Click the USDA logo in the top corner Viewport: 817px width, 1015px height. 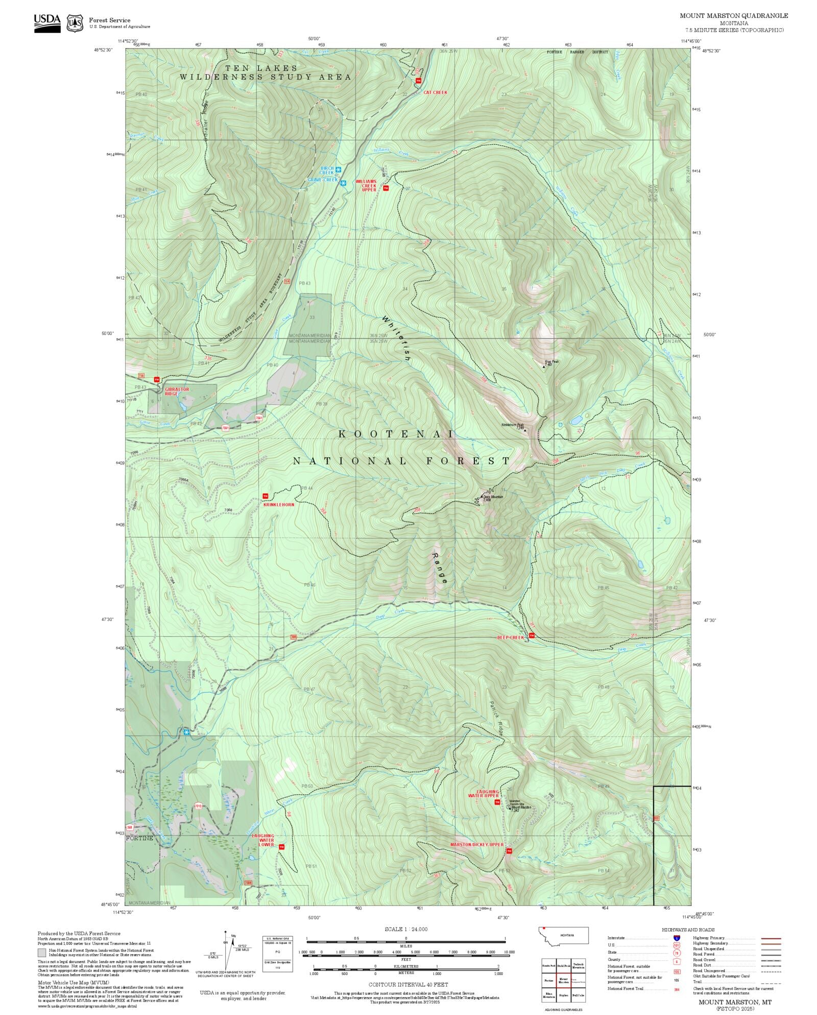[x=47, y=22]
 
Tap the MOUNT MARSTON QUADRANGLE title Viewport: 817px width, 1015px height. [x=733, y=16]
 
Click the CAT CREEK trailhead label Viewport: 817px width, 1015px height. [x=435, y=93]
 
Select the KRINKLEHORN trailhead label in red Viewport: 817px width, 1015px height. [x=279, y=504]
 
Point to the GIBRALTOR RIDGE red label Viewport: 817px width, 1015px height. [x=177, y=391]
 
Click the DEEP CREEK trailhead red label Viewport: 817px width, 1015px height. [x=511, y=637]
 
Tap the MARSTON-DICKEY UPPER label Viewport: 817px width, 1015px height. [x=477, y=844]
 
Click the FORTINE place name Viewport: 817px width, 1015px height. [x=139, y=838]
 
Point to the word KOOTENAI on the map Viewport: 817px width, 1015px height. [x=396, y=434]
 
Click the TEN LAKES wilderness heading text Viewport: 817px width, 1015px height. [x=261, y=68]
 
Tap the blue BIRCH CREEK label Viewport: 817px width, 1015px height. [x=327, y=170]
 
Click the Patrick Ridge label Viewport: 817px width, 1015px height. [x=495, y=717]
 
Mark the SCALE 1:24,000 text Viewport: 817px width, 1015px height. [x=406, y=929]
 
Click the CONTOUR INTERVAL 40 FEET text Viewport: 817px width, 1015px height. [x=408, y=984]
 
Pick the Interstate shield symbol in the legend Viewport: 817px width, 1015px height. [x=677, y=938]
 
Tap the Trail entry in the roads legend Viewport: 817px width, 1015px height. [x=697, y=982]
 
